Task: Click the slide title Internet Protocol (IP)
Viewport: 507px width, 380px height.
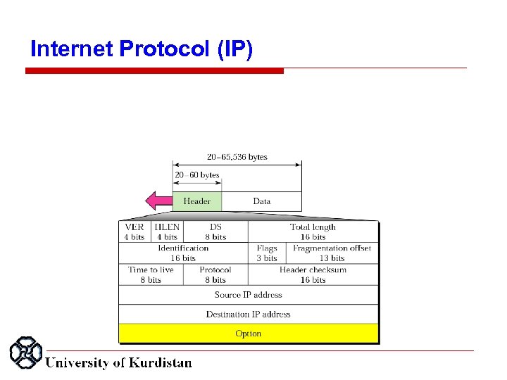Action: click(142, 49)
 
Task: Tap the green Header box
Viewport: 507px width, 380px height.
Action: click(197, 201)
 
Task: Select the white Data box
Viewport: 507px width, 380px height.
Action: click(261, 201)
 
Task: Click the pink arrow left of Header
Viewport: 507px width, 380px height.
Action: click(158, 201)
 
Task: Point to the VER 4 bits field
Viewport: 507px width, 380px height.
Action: click(134, 232)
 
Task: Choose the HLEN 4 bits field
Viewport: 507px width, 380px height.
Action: click(167, 232)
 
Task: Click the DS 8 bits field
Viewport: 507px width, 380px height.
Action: click(215, 232)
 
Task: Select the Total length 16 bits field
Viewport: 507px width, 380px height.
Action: click(313, 232)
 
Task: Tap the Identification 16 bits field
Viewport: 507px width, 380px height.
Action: click(183, 253)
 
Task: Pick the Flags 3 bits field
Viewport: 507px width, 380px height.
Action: click(267, 253)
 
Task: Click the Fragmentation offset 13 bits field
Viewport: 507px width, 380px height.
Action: click(332, 253)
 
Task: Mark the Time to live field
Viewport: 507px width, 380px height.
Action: click(151, 274)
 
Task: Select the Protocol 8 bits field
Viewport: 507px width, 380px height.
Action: click(215, 274)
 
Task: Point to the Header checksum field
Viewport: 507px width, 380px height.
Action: click(313, 274)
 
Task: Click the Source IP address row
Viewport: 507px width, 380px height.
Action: click(249, 295)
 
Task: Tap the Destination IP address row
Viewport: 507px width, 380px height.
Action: click(249, 314)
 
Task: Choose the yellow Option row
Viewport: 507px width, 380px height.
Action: click(249, 334)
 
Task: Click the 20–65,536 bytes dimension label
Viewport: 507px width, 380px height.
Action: click(237, 157)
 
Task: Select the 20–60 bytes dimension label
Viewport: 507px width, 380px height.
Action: click(197, 175)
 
